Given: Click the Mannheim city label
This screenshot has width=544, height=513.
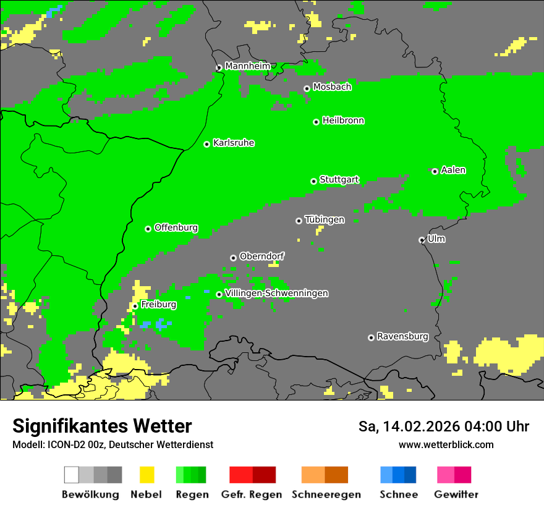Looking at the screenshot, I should (247, 66).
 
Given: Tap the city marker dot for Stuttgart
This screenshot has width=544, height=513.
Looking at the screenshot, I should (314, 181).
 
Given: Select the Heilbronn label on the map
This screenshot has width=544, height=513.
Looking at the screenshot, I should (343, 121).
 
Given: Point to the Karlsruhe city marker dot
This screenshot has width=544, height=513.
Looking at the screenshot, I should (207, 144).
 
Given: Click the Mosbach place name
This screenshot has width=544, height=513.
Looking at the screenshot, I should (332, 87).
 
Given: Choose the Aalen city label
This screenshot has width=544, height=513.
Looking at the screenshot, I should (453, 170).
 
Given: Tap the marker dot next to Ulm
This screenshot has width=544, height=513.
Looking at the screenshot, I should (422, 240).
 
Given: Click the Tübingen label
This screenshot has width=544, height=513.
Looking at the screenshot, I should (325, 219).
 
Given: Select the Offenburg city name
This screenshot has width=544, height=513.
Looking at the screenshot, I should (176, 227).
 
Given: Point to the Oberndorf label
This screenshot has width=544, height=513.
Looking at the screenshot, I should (262, 256).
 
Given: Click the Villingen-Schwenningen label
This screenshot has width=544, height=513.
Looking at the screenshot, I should (276, 293).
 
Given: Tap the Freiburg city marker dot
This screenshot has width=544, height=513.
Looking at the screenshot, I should (135, 306).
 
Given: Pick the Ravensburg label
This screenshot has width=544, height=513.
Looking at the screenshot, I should (402, 337).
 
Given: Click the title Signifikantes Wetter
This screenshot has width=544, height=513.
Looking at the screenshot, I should (102, 426).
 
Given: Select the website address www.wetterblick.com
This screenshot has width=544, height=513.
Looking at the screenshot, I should (446, 444).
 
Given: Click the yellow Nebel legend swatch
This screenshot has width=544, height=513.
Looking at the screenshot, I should (147, 475).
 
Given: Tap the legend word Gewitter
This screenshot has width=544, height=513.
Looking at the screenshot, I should (456, 494).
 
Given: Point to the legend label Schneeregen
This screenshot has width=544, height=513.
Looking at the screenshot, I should (326, 494).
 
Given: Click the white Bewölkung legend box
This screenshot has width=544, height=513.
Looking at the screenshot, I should (72, 475).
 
